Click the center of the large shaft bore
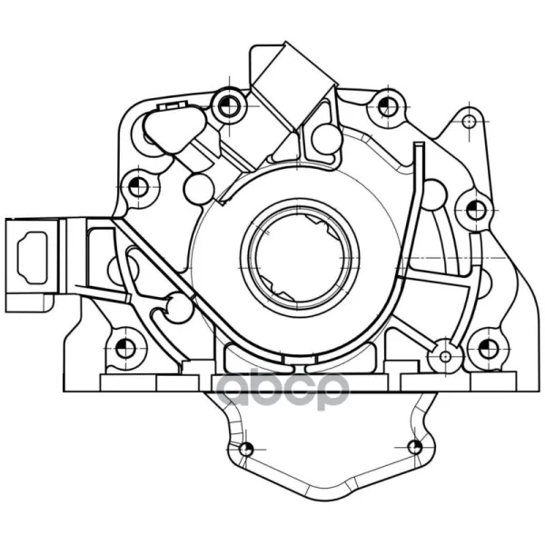pos(299,258)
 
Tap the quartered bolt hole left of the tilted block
pos(230,105)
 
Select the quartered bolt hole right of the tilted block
pos(388,106)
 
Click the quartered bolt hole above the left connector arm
pos(138,187)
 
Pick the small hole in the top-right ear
pos(470,122)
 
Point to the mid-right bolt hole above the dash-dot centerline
pos(475,211)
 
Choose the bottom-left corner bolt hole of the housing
pos(125,348)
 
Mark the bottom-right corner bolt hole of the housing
pos(489,349)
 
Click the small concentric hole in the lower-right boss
pos(446,356)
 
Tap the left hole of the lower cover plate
pos(246,449)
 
